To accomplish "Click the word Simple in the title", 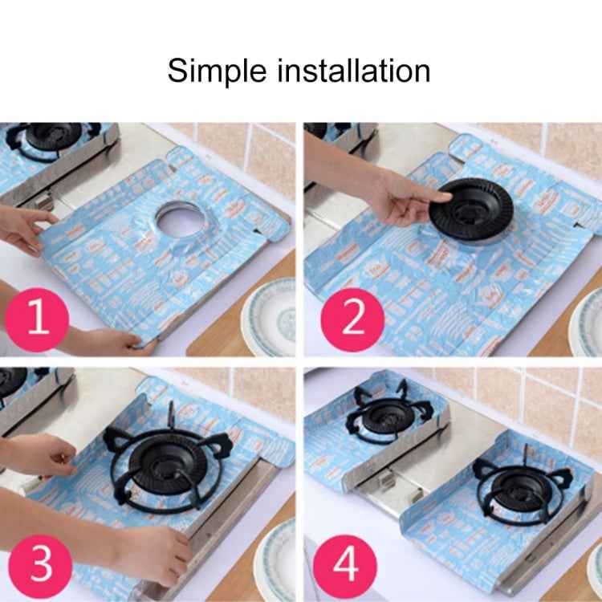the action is coord(217,71).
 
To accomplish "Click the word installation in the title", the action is coord(354,70).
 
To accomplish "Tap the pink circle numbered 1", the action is coord(37,319).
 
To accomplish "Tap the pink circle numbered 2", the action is coord(352,319).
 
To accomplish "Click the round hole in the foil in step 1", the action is coord(178,221).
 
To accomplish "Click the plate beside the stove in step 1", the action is coord(269,319).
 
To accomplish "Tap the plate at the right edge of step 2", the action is coord(587,322).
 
